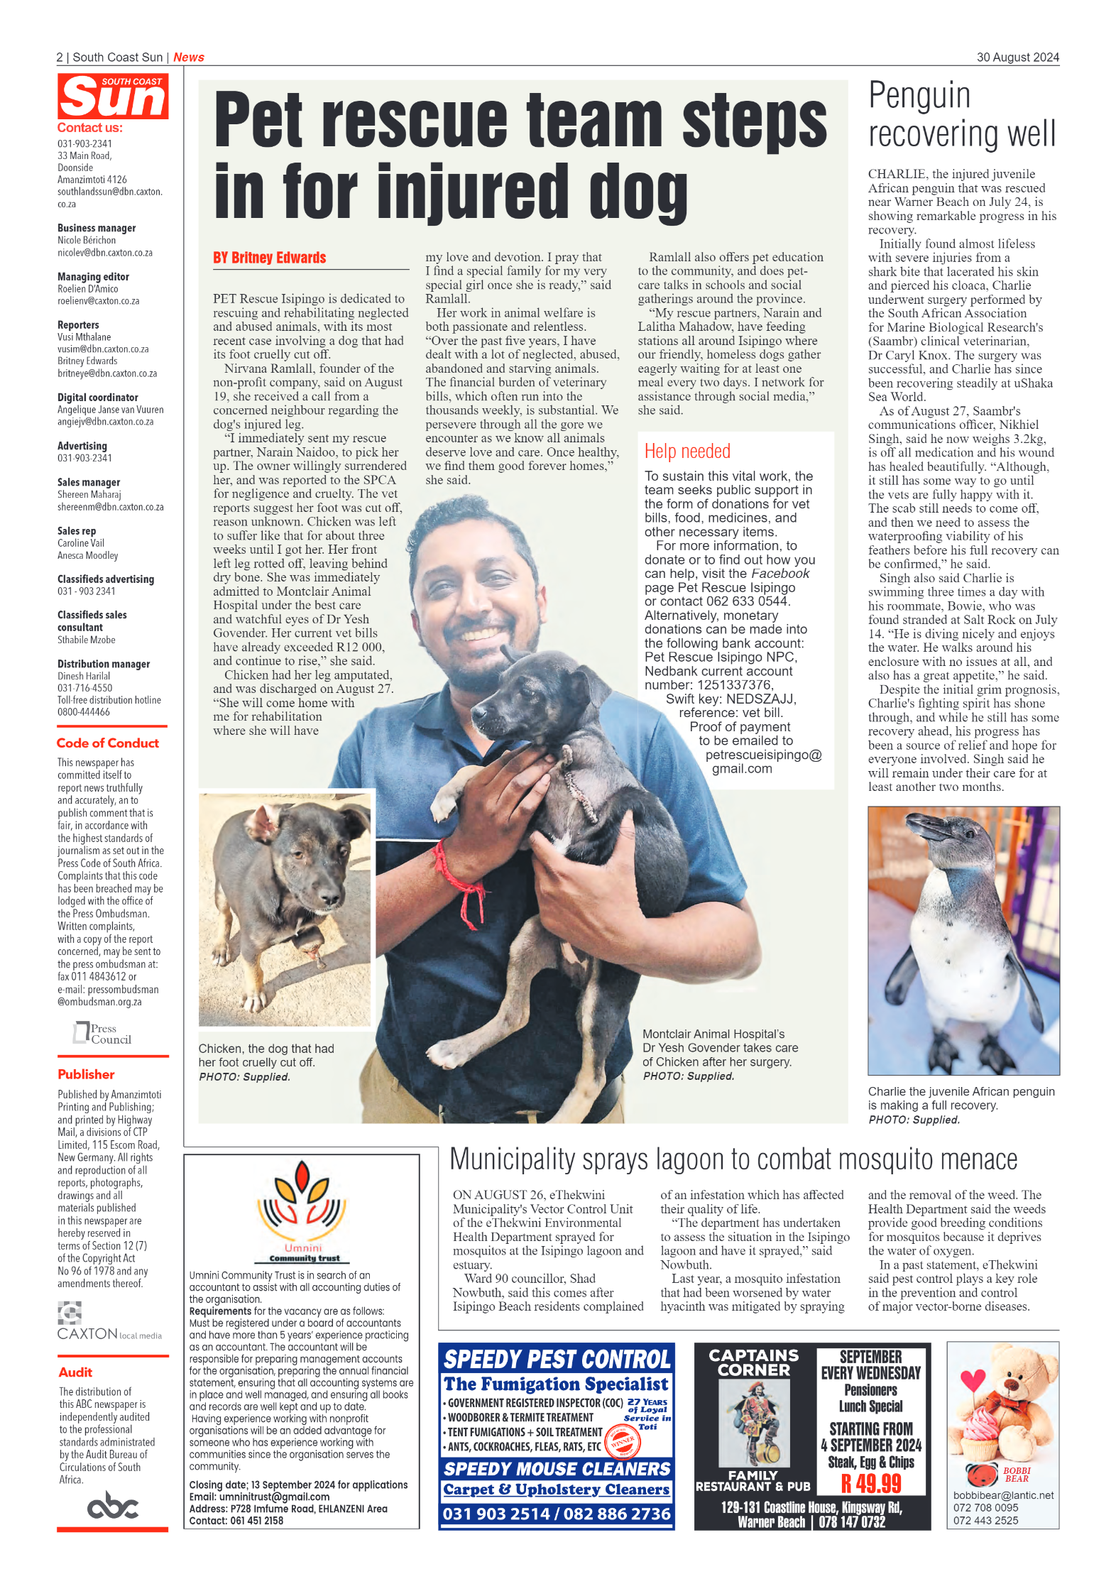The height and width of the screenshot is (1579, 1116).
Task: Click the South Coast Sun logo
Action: [113, 96]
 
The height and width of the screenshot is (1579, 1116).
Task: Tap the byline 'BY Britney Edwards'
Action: [270, 258]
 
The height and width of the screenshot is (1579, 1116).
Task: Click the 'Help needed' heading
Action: [687, 452]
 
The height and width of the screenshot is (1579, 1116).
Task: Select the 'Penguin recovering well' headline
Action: [962, 115]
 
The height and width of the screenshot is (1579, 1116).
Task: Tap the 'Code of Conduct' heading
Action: [108, 743]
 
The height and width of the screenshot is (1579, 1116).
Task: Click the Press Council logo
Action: [103, 1034]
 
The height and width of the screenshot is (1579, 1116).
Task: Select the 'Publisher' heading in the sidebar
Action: [86, 1074]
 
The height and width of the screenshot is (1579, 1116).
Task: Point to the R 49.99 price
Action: [870, 1484]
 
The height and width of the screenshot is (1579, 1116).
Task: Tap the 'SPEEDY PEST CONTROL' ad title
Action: [557, 1359]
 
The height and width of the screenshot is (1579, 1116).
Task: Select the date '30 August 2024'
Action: [1017, 58]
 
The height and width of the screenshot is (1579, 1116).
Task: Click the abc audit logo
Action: [113, 1505]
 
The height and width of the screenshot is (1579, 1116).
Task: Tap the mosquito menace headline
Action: [733, 1159]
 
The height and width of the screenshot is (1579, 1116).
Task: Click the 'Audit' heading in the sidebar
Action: [75, 1372]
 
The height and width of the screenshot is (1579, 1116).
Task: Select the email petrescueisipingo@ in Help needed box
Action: [763, 755]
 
